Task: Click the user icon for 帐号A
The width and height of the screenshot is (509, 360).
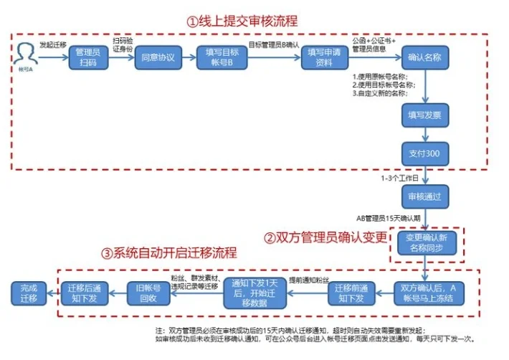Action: click(26, 53)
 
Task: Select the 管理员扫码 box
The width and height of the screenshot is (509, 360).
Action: click(89, 57)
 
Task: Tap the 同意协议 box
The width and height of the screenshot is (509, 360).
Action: click(153, 57)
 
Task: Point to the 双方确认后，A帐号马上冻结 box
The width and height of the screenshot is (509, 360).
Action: click(428, 293)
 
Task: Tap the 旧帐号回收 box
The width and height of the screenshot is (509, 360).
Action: click(148, 293)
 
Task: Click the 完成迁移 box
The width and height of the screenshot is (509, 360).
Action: click(29, 293)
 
